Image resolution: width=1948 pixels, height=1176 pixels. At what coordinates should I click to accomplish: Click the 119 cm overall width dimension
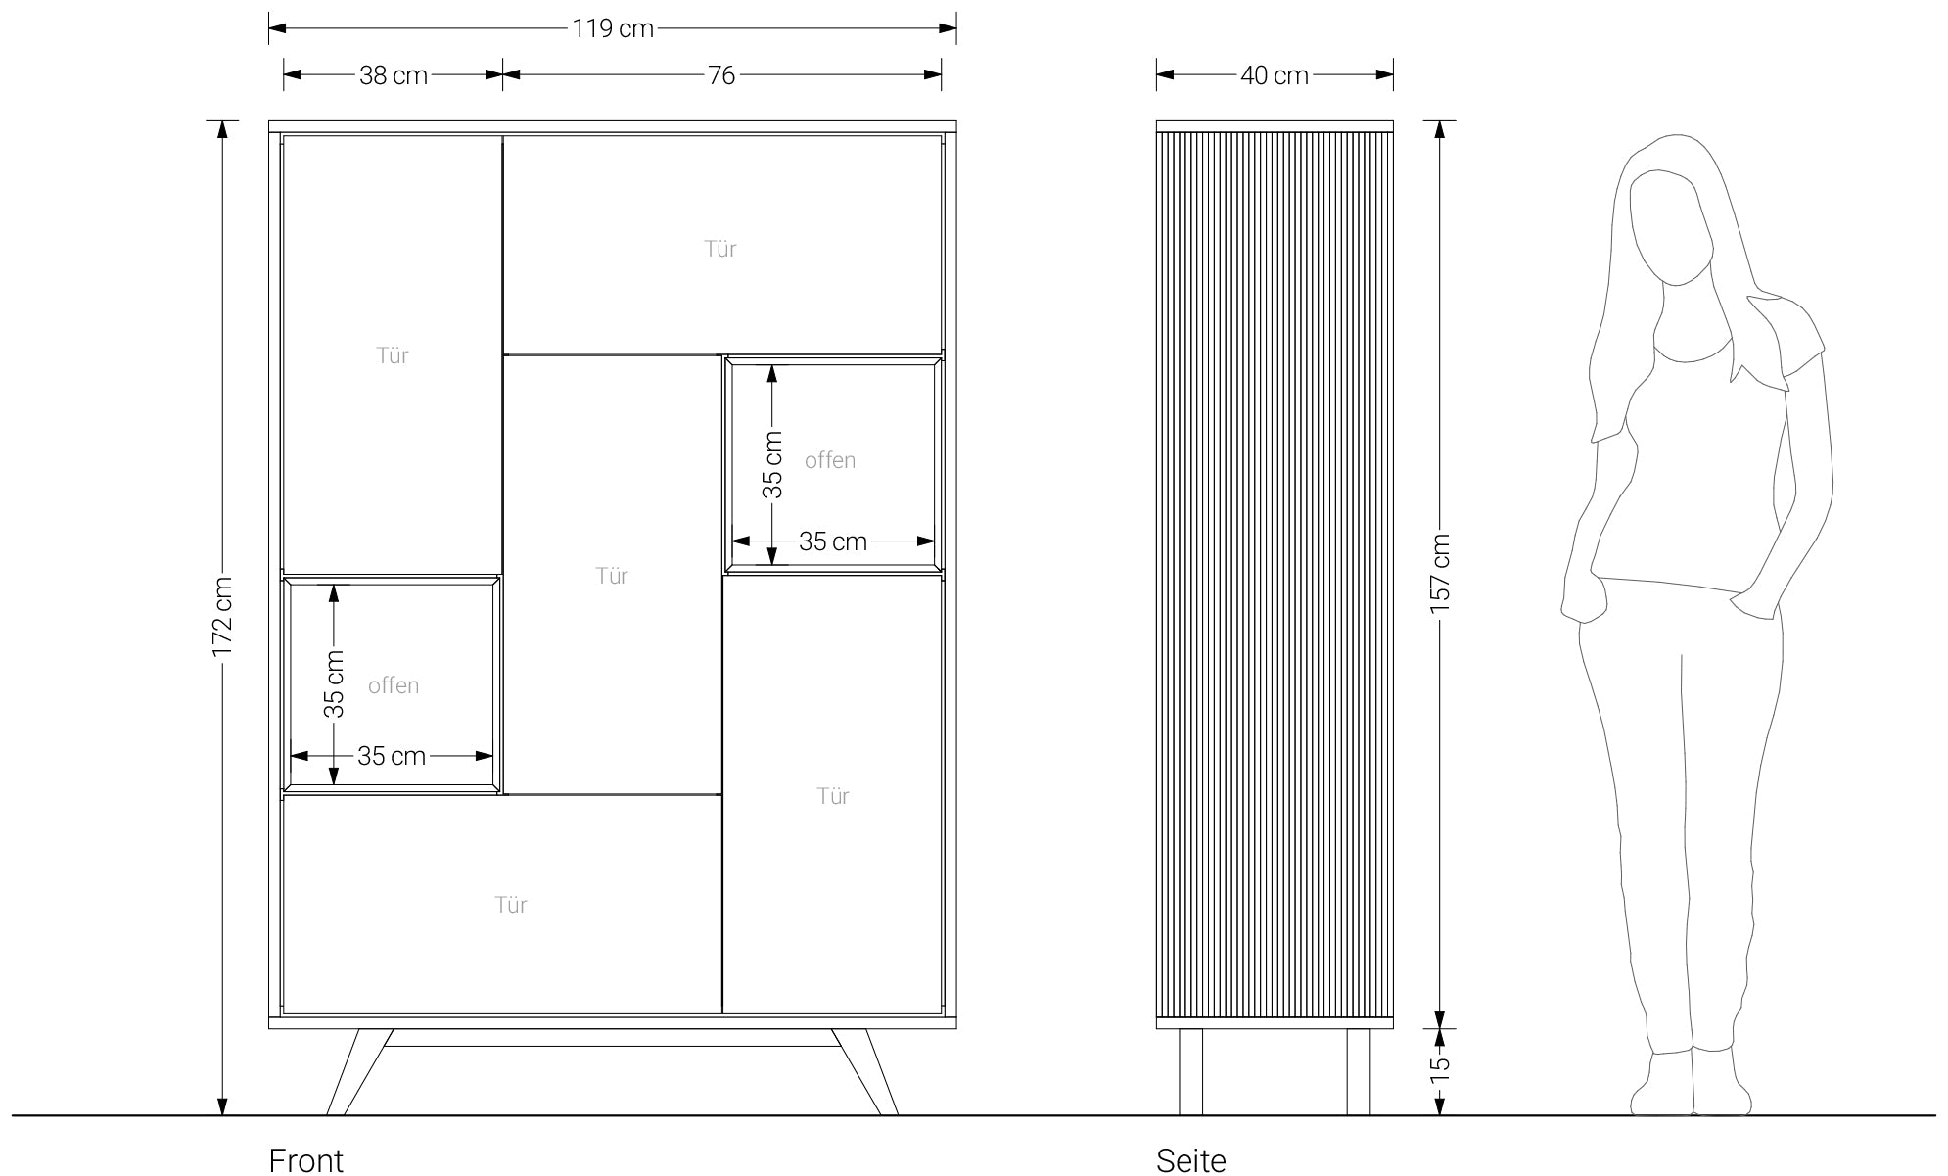click(613, 28)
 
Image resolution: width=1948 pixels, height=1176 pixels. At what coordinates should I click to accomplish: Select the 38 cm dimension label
click(394, 75)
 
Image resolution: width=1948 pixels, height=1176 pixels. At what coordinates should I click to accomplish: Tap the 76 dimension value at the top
click(721, 75)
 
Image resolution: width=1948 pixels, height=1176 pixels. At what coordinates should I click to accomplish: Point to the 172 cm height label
click(223, 617)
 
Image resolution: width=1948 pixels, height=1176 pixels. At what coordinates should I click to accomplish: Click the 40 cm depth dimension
click(1275, 75)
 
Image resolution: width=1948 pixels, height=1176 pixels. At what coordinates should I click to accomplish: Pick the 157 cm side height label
click(1440, 575)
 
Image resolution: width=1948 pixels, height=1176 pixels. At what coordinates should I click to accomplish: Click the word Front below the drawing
click(306, 1160)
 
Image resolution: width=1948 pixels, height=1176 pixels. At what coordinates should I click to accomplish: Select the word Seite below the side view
click(1191, 1160)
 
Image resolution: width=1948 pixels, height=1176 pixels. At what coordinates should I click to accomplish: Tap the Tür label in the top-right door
click(720, 249)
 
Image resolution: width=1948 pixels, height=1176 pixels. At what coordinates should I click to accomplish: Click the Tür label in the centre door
click(612, 576)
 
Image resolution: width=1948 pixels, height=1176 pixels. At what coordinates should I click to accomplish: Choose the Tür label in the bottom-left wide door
click(511, 905)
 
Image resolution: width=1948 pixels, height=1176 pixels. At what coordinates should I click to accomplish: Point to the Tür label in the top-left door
click(393, 355)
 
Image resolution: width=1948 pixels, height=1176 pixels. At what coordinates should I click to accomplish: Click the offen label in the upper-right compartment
click(830, 460)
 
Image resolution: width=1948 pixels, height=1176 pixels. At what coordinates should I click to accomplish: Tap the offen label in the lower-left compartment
click(394, 685)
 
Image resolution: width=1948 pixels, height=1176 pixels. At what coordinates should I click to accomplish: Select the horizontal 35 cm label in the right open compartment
click(833, 541)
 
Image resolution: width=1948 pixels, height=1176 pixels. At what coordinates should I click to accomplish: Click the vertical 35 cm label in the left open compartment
click(335, 683)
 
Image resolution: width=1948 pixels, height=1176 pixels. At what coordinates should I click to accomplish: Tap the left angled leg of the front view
click(359, 1072)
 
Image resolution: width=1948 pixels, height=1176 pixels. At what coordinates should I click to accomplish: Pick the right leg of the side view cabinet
click(1359, 1072)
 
